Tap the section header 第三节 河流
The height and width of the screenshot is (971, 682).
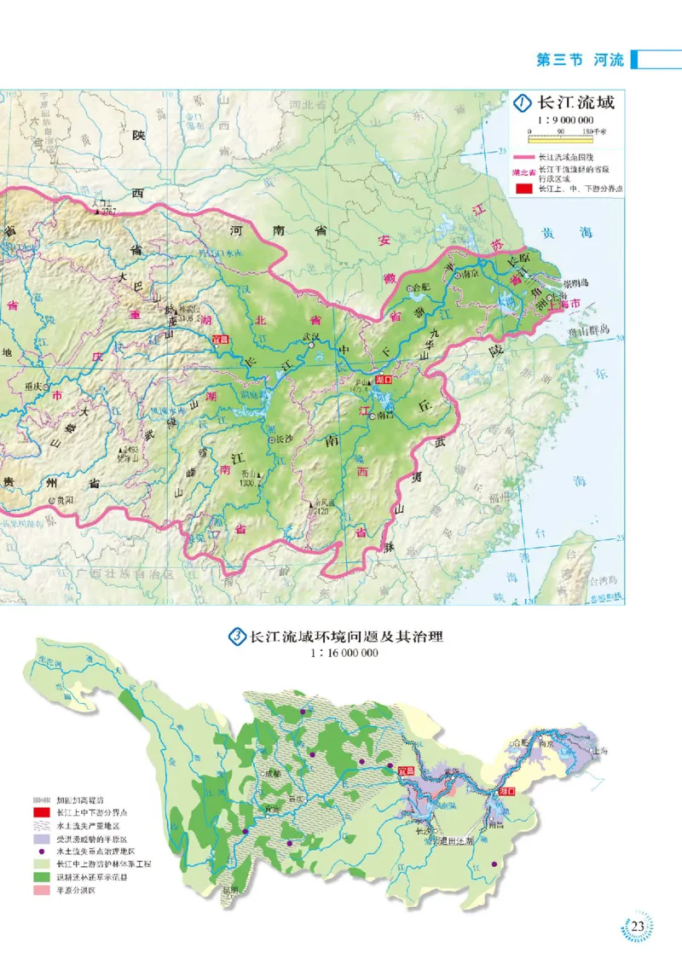(x=580, y=60)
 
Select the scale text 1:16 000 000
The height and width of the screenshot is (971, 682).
(x=340, y=654)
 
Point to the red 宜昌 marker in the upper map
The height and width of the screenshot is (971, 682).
(x=222, y=344)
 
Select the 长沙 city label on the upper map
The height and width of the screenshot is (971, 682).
(x=283, y=439)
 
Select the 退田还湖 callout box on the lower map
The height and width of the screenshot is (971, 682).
(x=455, y=838)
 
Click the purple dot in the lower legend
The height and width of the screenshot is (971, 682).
(x=41, y=852)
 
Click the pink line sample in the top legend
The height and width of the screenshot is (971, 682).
(x=523, y=158)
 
